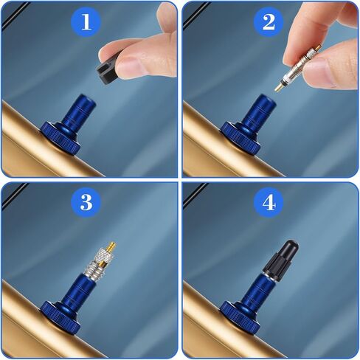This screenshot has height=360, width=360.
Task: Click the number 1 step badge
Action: [x=86, y=22]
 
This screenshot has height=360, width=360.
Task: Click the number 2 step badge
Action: [x=269, y=22]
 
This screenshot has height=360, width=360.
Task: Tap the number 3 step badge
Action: [x=86, y=203]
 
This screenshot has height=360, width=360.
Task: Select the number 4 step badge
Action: [x=269, y=203]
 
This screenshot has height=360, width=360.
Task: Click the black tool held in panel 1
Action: [x=105, y=72]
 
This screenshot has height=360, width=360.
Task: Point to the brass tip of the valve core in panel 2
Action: [x=280, y=87]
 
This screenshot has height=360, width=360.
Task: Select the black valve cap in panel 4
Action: [x=281, y=259]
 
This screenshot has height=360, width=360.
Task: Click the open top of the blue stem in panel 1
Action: [x=86, y=99]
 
